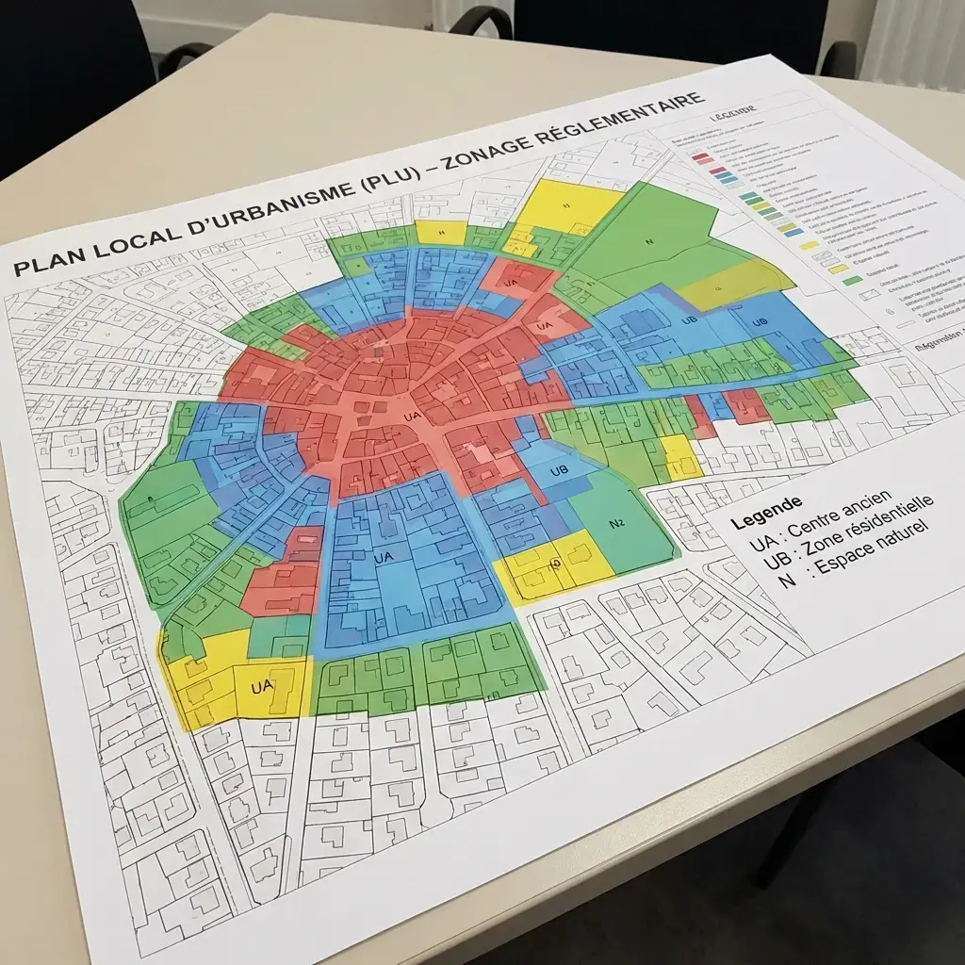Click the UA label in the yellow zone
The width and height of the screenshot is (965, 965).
262,687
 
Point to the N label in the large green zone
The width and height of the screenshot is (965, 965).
649,241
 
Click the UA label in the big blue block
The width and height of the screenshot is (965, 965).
383,558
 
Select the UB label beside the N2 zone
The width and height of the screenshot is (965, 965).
558,470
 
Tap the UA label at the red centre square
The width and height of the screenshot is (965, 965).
411,416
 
